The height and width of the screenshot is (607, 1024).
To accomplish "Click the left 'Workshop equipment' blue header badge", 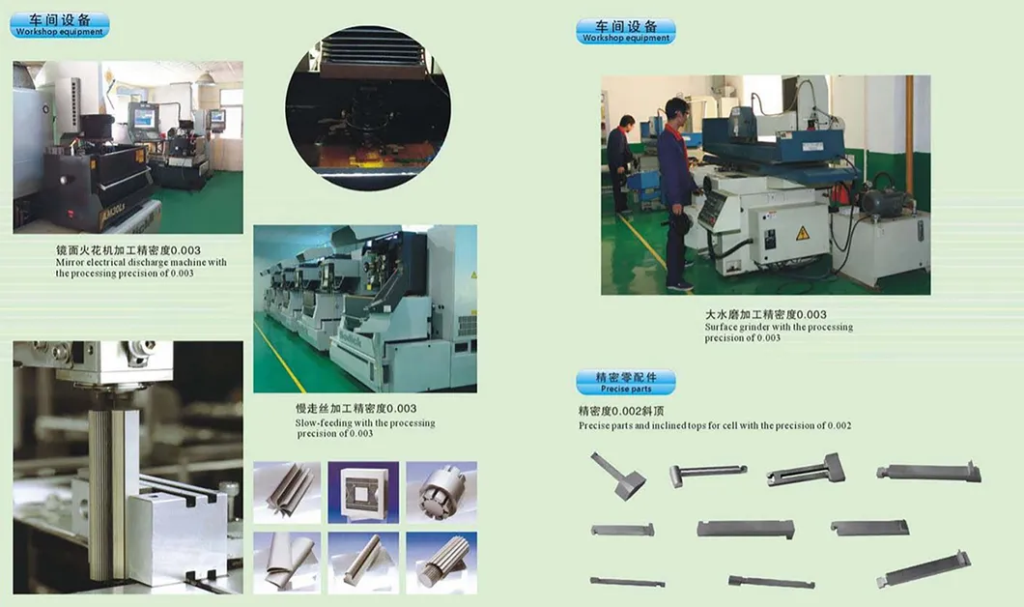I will tap(60, 25).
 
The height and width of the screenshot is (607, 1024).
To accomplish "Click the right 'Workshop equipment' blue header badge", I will tap(626, 31).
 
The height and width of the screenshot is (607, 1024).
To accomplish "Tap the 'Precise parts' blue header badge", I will tap(626, 382).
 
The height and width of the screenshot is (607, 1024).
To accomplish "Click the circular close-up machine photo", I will tap(367, 106).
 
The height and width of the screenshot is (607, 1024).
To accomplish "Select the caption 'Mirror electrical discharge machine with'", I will tap(141, 262).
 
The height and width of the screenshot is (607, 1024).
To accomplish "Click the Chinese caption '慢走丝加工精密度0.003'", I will tap(356, 409).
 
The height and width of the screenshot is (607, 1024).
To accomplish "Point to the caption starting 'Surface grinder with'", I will tap(779, 327).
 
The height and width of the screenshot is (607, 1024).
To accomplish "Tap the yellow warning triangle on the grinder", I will tap(802, 233).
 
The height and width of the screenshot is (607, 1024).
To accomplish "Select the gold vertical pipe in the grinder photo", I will tap(908, 135).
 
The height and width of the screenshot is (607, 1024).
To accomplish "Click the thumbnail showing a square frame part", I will tap(364, 491).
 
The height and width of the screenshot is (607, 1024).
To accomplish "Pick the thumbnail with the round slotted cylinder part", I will tap(441, 492).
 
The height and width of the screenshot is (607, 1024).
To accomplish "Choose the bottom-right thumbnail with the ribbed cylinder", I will tap(441, 562).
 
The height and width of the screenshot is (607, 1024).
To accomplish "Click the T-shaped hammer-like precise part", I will tap(618, 476).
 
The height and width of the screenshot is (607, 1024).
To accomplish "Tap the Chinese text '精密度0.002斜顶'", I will tap(620, 411).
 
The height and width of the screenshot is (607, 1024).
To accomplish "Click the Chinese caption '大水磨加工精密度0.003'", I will tap(765, 314).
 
